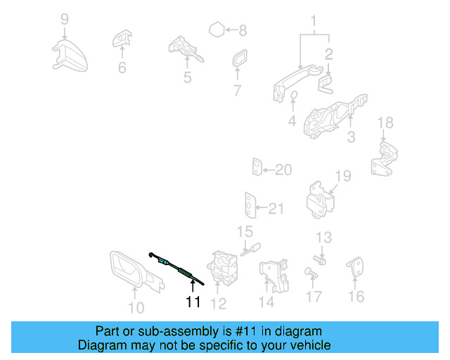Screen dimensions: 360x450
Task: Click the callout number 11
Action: (193, 302)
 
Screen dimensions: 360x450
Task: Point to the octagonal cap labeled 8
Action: (217, 30)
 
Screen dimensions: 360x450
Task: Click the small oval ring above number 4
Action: (294, 96)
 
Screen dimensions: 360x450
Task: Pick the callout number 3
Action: (351, 136)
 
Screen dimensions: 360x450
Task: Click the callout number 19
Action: (342, 175)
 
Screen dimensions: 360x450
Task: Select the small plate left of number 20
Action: (258, 169)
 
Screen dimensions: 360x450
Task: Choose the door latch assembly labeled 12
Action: (224, 268)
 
